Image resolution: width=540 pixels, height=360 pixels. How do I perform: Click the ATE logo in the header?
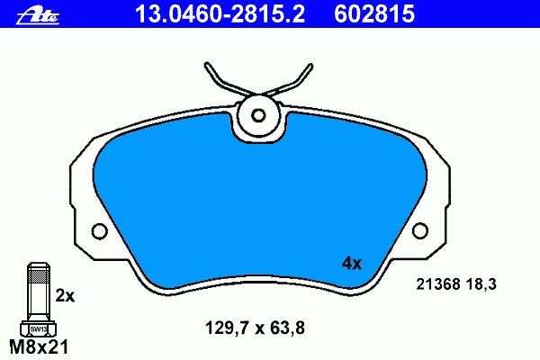(x=38, y=15)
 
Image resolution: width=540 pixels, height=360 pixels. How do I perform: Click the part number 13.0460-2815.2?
(x=220, y=14)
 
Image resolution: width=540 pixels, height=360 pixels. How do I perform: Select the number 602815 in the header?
(x=374, y=14)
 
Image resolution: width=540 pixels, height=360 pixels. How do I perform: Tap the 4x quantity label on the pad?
(x=352, y=264)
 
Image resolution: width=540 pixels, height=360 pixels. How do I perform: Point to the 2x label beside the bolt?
(x=65, y=295)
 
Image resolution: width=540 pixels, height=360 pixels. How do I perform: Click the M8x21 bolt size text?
(x=39, y=347)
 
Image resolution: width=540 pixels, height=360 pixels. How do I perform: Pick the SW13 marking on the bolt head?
(x=38, y=329)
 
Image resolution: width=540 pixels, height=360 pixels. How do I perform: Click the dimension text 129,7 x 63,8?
(x=255, y=328)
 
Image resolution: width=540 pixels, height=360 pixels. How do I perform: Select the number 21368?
(x=438, y=284)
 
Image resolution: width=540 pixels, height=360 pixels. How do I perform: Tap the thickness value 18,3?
(x=481, y=285)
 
